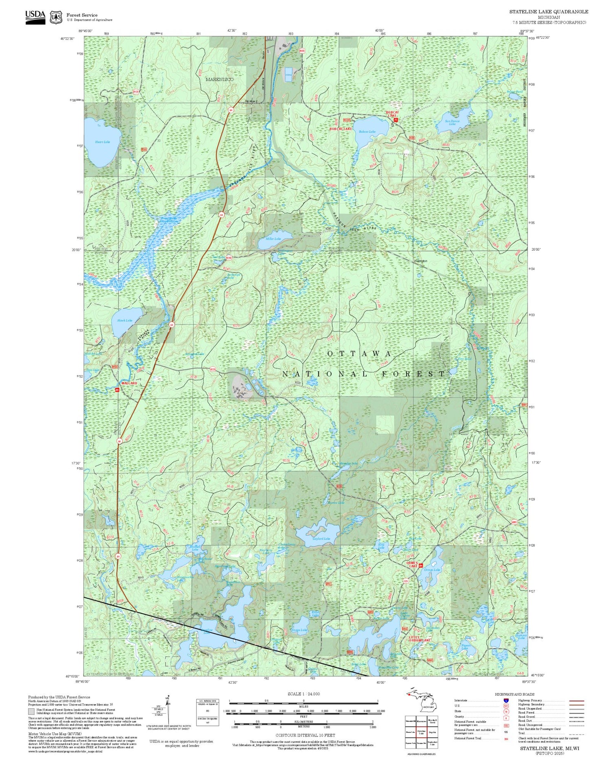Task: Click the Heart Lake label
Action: [x=102, y=142]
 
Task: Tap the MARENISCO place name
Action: [x=220, y=79]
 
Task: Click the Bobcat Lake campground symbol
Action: [x=395, y=120]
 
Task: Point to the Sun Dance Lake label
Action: [x=452, y=122]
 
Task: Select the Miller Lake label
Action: [x=273, y=239]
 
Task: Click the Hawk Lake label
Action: [x=125, y=320]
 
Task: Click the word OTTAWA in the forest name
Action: [x=359, y=354]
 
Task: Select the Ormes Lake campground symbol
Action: [x=421, y=565]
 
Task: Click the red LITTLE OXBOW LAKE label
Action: [x=420, y=639]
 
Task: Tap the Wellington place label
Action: [x=420, y=261]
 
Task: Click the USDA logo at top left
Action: [x=35, y=16]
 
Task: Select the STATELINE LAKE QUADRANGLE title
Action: [x=548, y=12]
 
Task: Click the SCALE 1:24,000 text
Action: [x=303, y=694]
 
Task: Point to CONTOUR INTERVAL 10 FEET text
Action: [x=305, y=736]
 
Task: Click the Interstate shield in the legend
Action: [x=506, y=701]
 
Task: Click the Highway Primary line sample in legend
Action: [x=575, y=701]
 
